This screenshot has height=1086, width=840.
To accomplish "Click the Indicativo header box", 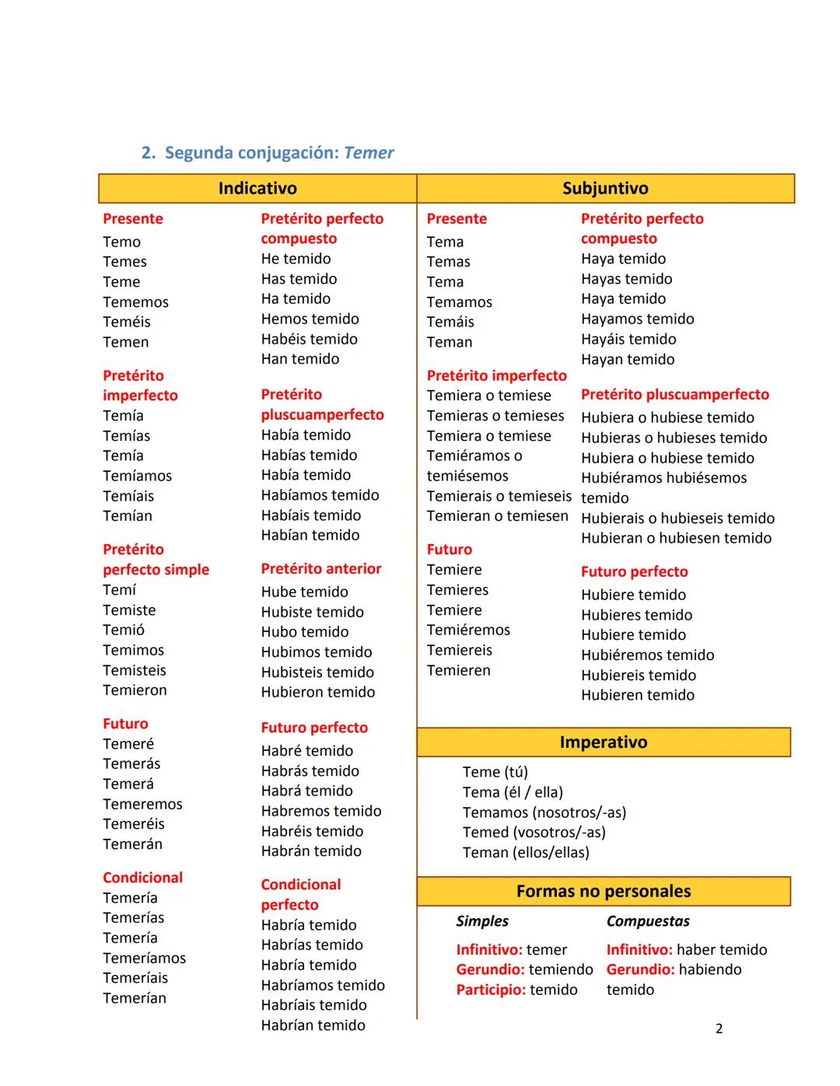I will tap(257, 188).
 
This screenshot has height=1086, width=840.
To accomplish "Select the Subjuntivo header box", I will tap(605, 188).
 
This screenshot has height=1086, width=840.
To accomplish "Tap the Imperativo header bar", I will tap(604, 742).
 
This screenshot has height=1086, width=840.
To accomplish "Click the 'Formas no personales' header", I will tap(604, 892).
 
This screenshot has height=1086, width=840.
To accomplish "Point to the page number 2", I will tap(719, 1028).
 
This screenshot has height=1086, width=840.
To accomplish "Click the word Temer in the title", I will tap(369, 152).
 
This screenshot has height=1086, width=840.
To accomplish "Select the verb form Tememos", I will tap(135, 302).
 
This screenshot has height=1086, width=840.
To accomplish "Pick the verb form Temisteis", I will tap(135, 670).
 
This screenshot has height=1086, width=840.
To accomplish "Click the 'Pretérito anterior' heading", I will tap(321, 568).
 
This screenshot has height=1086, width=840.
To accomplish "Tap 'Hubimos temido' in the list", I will tap(317, 652).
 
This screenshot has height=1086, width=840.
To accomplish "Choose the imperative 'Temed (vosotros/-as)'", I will tap(534, 832).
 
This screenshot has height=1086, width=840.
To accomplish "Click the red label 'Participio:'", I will tap(491, 990).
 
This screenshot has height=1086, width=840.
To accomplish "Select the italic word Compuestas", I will tap(648, 921).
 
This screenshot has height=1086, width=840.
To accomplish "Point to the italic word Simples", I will tap(482, 921).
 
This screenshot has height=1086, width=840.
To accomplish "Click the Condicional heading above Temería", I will tap(142, 878).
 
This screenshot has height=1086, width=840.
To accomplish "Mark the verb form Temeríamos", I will tap(145, 958).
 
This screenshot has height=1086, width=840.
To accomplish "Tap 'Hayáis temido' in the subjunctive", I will tap(628, 339).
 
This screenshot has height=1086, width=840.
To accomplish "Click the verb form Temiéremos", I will tap(468, 630).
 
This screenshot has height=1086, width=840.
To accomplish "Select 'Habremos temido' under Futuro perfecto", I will tap(321, 811).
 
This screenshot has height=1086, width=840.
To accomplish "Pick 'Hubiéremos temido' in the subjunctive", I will tap(647, 655).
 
